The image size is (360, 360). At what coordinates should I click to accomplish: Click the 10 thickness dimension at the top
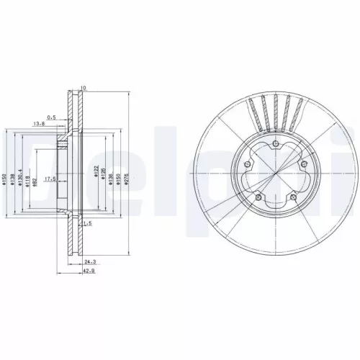click(84, 89)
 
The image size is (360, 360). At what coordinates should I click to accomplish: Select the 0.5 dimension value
click(51, 116)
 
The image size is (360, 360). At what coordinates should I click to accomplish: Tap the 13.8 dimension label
click(40, 125)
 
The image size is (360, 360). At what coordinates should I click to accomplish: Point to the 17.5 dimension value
click(50, 179)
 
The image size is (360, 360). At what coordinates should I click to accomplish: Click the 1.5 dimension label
click(86, 224)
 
